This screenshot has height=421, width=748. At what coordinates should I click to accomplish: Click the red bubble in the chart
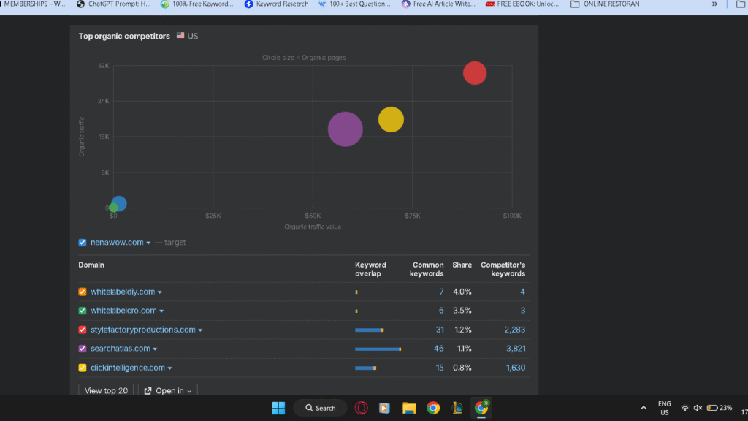[x=475, y=73]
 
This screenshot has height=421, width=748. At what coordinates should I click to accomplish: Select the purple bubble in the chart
[x=346, y=129]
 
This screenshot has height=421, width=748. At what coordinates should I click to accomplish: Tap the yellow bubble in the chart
[x=391, y=119]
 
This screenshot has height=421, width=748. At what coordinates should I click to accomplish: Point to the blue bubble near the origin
[x=119, y=203]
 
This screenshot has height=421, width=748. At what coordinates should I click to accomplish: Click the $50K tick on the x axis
[x=313, y=216]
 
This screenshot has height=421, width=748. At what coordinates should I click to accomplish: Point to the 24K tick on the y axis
[x=103, y=102]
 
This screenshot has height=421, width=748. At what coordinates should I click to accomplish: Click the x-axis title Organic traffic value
[x=313, y=227]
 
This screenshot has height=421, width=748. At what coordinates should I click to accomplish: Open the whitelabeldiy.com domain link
[x=123, y=292]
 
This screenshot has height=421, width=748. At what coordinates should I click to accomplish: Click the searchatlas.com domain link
[x=121, y=349]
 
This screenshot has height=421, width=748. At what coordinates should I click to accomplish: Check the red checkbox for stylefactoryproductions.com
[x=83, y=330]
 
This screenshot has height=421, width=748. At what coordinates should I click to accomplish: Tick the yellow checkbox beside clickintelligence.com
[x=83, y=368]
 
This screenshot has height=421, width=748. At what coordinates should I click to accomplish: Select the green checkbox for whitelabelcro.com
[x=83, y=311]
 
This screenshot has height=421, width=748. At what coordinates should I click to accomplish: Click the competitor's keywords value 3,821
[x=515, y=349]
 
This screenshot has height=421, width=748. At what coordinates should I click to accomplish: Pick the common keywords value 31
[x=440, y=330]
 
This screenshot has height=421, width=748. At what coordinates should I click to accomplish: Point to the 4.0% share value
[x=462, y=292]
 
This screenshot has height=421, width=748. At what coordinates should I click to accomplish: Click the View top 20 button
[x=106, y=391]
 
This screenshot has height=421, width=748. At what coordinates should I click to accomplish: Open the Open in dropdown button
[x=168, y=391]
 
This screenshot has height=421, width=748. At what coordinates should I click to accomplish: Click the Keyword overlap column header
[x=370, y=269]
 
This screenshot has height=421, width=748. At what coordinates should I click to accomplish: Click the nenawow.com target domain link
[x=117, y=243]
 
